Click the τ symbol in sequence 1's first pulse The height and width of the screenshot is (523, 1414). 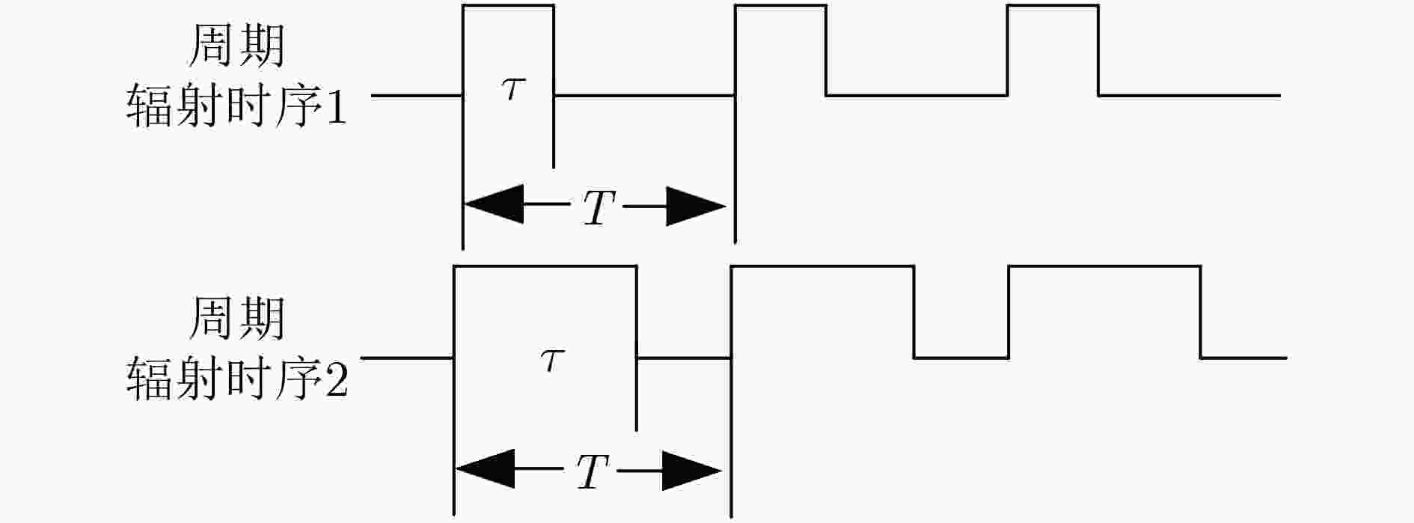(x=512, y=91)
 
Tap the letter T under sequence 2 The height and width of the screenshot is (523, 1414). (x=593, y=471)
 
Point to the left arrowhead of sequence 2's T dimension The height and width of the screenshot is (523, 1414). (x=485, y=470)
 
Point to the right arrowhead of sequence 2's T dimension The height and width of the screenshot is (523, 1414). (x=692, y=470)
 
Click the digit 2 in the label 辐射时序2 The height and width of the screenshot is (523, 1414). (x=337, y=379)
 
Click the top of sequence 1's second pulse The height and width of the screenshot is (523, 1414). (x=781, y=6)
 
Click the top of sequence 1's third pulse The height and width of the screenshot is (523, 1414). (x=1053, y=6)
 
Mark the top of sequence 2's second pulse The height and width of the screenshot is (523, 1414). (x=822, y=266)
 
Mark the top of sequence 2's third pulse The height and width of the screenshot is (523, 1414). (x=1105, y=266)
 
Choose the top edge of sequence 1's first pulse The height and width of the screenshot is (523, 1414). (x=509, y=6)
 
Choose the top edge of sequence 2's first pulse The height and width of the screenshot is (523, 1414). (x=545, y=266)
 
